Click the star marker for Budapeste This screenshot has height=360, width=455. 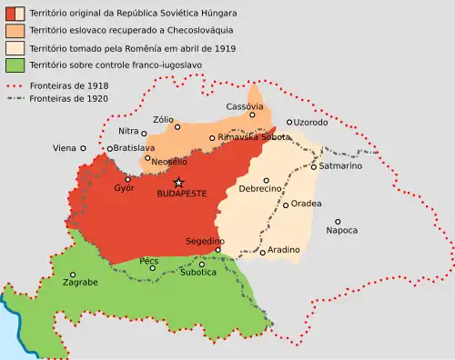point(179,182)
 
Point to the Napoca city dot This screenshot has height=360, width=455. point(338,221)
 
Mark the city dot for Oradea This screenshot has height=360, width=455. point(286,205)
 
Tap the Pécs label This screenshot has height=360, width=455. point(149,260)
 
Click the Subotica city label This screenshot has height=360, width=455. point(197,272)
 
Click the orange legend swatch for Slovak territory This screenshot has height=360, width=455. point(14,31)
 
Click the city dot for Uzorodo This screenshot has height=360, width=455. point(289,122)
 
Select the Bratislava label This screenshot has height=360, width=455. point(131,148)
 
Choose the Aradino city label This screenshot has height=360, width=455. point(283,249)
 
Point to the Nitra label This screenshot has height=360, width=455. point(128,132)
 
